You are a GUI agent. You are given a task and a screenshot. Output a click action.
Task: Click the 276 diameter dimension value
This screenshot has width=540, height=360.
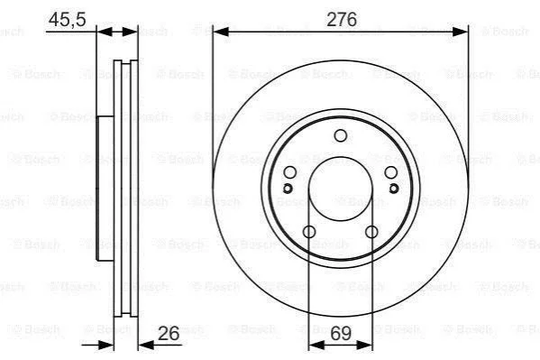[x=342, y=19]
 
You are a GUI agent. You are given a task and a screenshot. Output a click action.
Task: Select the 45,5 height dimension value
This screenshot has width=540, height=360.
[x=67, y=19]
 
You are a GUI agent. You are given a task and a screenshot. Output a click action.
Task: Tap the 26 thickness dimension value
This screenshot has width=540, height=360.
[x=169, y=333]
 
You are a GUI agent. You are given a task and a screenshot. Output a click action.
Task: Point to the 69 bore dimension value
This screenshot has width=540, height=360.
[x=341, y=333]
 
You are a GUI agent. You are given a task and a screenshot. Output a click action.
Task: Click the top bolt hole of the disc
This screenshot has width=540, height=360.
[x=340, y=136]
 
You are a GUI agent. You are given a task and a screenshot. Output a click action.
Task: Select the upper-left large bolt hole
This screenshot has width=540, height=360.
[x=290, y=172]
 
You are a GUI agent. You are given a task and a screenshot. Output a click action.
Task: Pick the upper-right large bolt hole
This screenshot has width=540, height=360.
[x=391, y=172]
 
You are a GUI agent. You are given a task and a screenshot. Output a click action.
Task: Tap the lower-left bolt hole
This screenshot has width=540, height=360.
[x=309, y=232]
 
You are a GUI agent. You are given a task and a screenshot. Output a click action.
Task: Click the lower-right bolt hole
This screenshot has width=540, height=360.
[x=371, y=232]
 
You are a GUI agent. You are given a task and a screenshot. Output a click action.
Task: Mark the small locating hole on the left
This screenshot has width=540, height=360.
[x=288, y=189]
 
